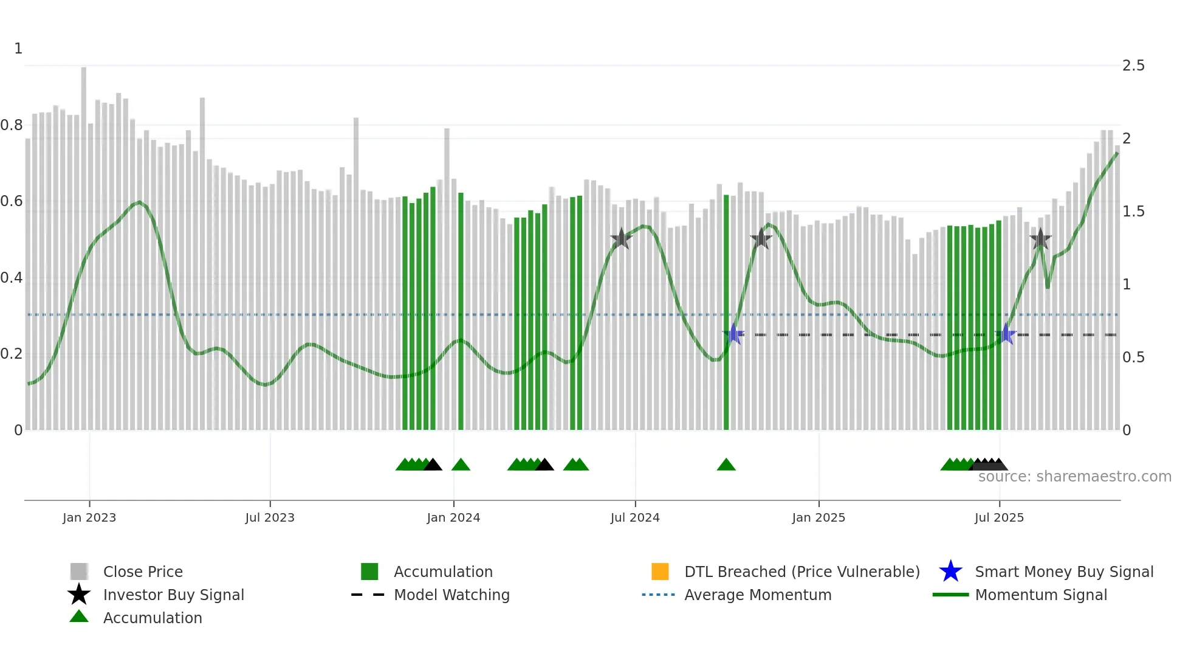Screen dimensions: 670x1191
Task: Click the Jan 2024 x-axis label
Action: [x=453, y=517]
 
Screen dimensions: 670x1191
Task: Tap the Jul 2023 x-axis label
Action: [x=270, y=517]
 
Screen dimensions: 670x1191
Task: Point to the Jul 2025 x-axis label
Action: [x=999, y=517]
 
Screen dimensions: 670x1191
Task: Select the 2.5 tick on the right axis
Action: [x=1133, y=66]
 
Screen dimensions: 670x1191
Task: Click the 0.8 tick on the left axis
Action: [x=12, y=125]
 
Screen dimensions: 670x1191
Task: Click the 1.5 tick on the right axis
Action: [x=1133, y=212]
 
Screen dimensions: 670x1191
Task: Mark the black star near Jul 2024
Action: [x=621, y=239]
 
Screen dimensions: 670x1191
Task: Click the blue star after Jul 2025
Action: [x=1006, y=334]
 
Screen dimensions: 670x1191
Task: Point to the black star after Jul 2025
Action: [x=1040, y=239]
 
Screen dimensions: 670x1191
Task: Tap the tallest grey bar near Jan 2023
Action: [x=84, y=243]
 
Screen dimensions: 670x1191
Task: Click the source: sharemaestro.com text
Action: [x=1074, y=477]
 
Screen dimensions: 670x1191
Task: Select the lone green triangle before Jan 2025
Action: [x=726, y=465]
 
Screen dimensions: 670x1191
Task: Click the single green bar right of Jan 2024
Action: [x=461, y=310]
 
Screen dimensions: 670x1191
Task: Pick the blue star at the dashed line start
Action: [x=734, y=334]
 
